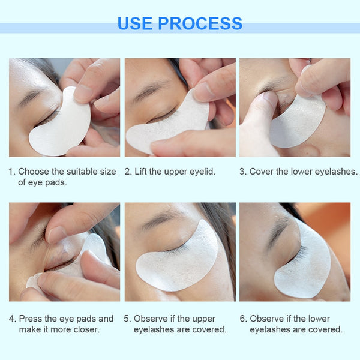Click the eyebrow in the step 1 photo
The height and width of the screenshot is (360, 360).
point(30,96)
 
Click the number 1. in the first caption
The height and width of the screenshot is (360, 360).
point(12,172)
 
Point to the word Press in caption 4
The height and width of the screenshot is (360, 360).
point(31,319)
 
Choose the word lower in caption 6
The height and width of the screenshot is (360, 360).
point(318,319)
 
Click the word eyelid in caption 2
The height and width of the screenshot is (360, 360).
point(202,172)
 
